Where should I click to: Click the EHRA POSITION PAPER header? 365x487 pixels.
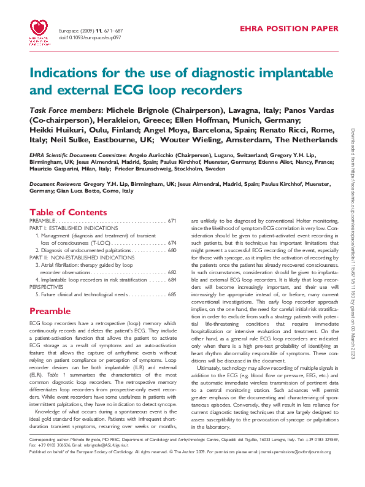(x=288, y=28)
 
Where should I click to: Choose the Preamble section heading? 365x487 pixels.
(x=50, y=311)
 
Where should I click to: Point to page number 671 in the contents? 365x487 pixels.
(x=172, y=220)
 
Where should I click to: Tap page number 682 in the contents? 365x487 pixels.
(x=172, y=272)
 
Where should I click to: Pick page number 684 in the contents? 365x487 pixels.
(x=172, y=280)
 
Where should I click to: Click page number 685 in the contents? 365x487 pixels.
(x=172, y=294)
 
